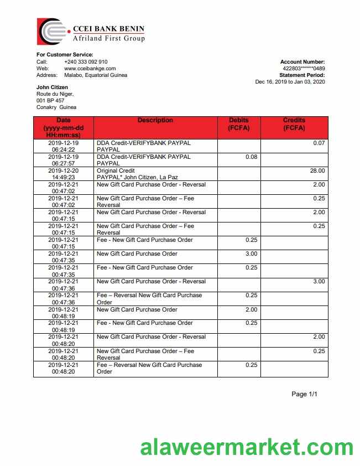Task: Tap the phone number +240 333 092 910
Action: tap(86, 62)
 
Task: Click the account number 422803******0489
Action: tap(304, 69)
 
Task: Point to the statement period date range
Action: tap(290, 82)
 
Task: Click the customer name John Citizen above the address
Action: tap(53, 87)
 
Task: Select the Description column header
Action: tap(155, 121)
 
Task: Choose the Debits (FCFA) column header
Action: tap(239, 124)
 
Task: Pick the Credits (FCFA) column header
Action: tap(294, 124)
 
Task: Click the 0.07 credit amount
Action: tap(319, 143)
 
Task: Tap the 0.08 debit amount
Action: tap(251, 157)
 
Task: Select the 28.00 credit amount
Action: tap(318, 171)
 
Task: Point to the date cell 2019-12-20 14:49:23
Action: tap(64, 174)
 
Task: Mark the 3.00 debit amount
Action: tap(251, 254)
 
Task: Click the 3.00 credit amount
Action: tap(319, 282)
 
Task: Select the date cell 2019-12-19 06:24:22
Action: tap(64, 146)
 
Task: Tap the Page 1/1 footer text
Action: tap(305, 395)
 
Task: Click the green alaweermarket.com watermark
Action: tap(247, 447)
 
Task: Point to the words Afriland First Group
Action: tap(109, 39)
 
